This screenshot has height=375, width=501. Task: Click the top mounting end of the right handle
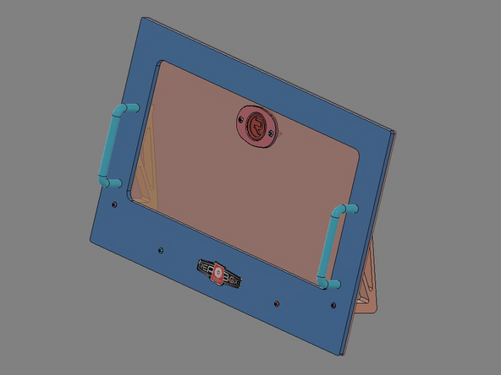(348, 208)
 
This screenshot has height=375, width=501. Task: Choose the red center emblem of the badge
(219, 274)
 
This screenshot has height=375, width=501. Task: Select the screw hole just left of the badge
(159, 249)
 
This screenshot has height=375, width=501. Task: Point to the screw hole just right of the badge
(275, 302)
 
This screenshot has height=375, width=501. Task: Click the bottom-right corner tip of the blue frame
(342, 354)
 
